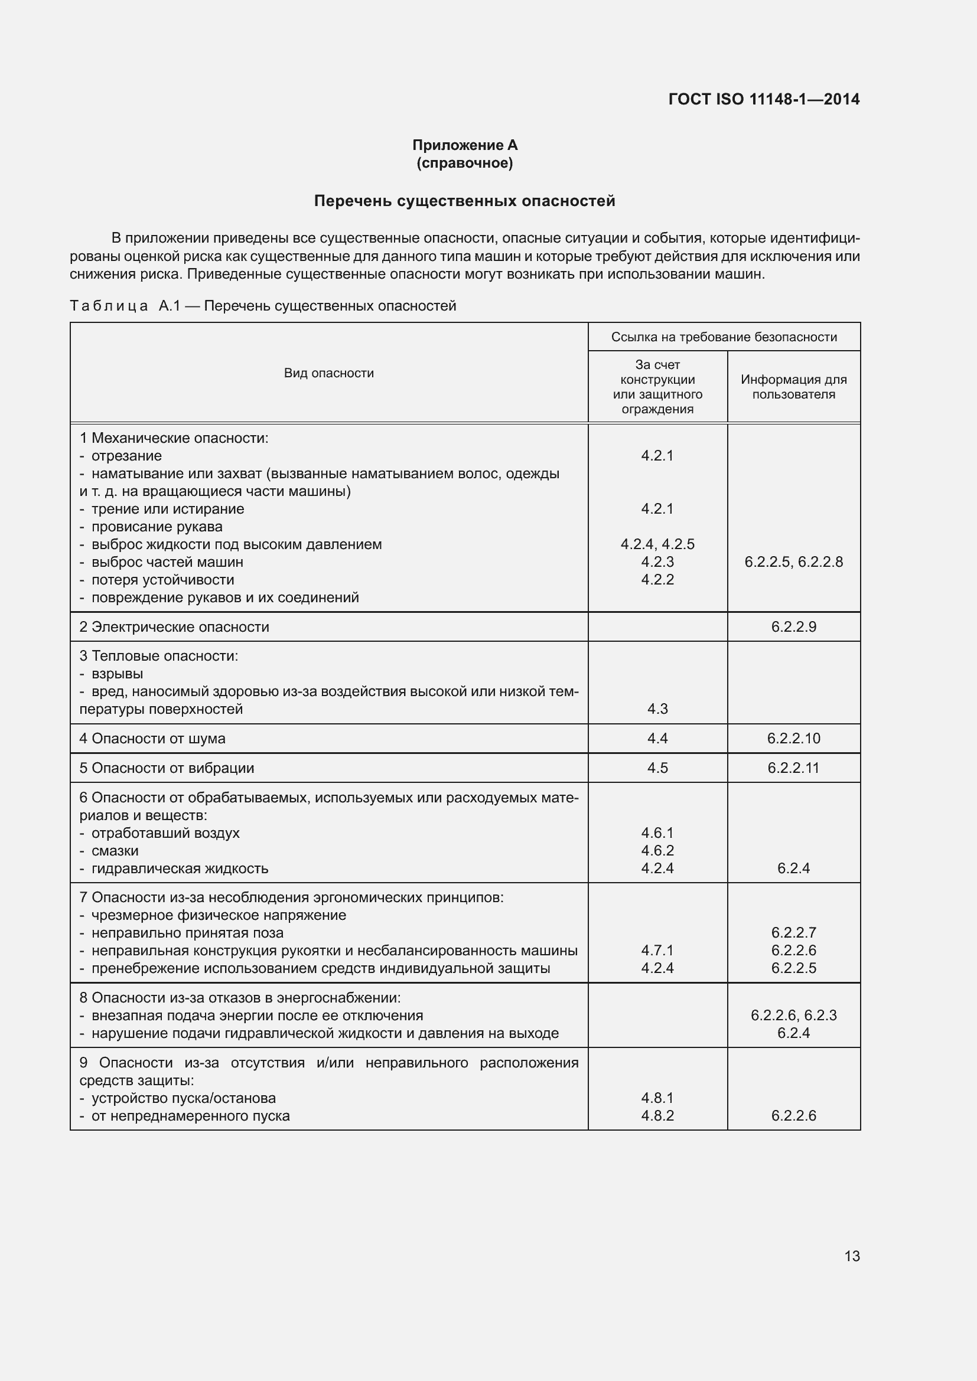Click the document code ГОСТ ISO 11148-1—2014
(763, 99)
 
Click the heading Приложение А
(464, 145)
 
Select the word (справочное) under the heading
(464, 163)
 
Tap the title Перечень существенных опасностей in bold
(464, 201)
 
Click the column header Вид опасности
(328, 373)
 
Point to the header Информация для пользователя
(793, 387)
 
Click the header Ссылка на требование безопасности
(724, 337)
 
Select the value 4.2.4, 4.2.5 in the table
(657, 544)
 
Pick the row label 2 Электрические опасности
(174, 627)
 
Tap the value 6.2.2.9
(793, 627)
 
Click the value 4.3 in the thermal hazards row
(657, 709)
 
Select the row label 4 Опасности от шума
(152, 739)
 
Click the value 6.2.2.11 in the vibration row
(793, 768)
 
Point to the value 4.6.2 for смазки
(657, 850)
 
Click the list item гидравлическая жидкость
(180, 869)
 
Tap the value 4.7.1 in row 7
(657, 951)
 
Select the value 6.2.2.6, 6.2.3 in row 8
(793, 1016)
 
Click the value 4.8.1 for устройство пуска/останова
(657, 1098)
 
